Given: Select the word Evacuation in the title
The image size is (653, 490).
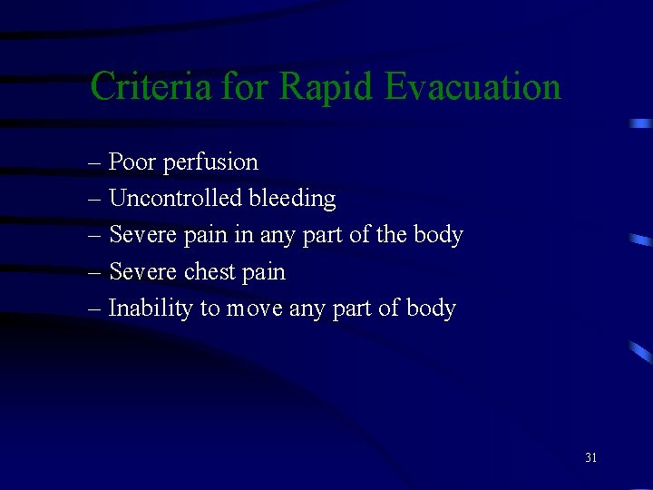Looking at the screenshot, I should click(x=473, y=87).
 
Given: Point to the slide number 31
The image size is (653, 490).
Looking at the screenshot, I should click(x=590, y=458).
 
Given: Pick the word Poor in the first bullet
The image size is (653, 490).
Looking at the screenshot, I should click(x=132, y=162).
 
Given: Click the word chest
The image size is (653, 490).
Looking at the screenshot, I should click(x=209, y=271).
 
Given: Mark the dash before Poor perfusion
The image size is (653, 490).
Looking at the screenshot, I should click(x=95, y=164).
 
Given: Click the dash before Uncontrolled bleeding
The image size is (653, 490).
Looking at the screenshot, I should click(x=95, y=200).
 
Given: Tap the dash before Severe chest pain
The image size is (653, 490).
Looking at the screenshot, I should click(x=95, y=272).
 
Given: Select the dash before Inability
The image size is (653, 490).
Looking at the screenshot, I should click(x=95, y=309).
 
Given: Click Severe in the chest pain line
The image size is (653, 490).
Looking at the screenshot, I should click(x=143, y=271).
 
